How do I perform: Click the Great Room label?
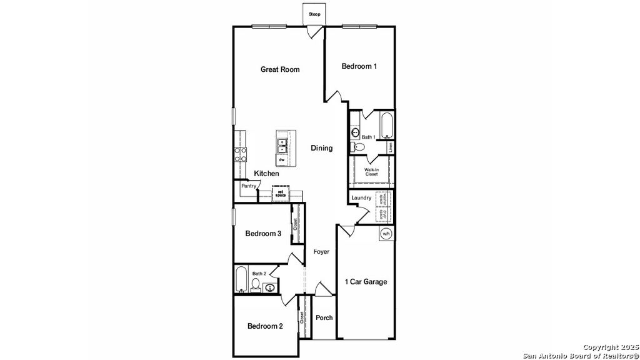click(x=280, y=69)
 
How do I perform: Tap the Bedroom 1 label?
click(x=359, y=66)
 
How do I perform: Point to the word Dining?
click(x=322, y=148)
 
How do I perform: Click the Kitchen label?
click(x=266, y=173)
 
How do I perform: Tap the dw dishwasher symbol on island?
click(x=282, y=160)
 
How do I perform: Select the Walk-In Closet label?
click(x=372, y=172)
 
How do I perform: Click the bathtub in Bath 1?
click(x=386, y=125)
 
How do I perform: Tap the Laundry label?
click(x=361, y=198)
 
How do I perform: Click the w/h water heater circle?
click(x=386, y=234)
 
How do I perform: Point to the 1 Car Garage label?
click(x=366, y=282)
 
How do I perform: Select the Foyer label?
click(x=321, y=252)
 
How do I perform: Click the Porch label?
click(x=324, y=317)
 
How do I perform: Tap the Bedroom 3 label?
click(x=263, y=234)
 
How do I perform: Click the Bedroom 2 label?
click(x=265, y=326)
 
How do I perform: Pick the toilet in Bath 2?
click(x=255, y=285)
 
